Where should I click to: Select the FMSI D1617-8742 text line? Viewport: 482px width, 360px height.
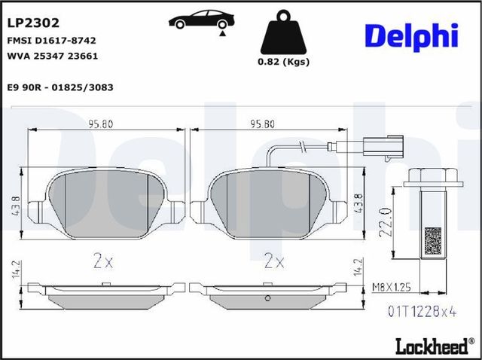click(x=51, y=41)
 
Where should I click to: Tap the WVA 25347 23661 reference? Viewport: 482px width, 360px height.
click(x=52, y=56)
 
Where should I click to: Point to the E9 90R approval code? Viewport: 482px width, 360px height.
click(x=60, y=87)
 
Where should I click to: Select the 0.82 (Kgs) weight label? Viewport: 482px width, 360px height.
click(x=285, y=63)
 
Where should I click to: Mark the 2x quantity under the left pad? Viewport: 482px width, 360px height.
click(x=102, y=261)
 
